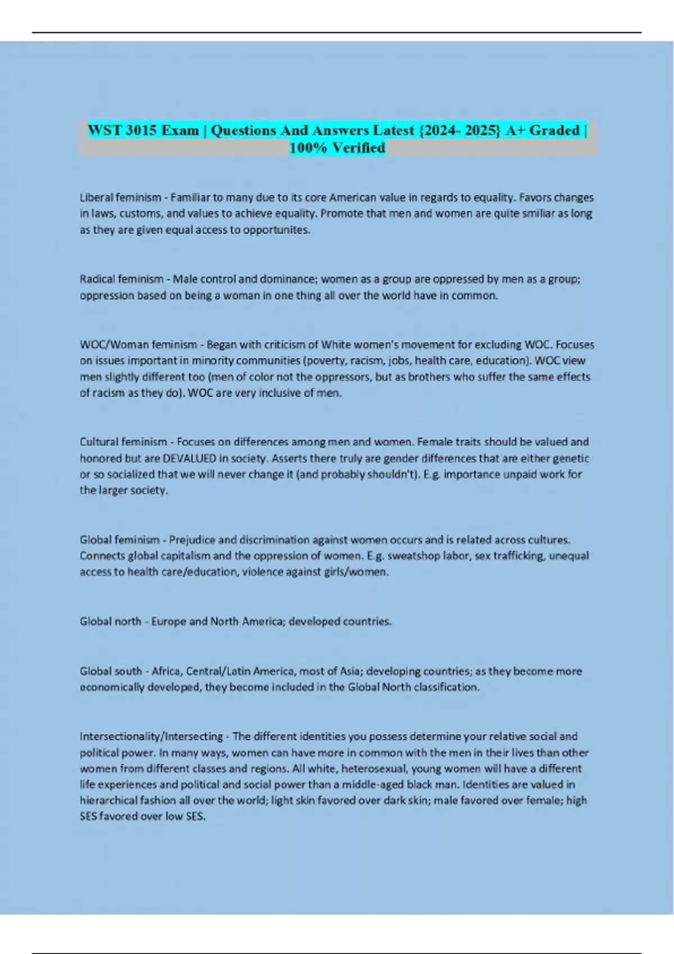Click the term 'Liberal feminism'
[x=120, y=198]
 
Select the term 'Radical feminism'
[x=121, y=279]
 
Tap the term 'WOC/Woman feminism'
[x=138, y=345]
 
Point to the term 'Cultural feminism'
[x=123, y=442]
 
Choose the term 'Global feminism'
[x=120, y=540]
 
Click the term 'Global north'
[x=110, y=621]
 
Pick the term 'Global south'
[x=111, y=671]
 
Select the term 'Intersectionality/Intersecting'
[x=151, y=736]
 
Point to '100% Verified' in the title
[x=337, y=148]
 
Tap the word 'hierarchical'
[x=108, y=801]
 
